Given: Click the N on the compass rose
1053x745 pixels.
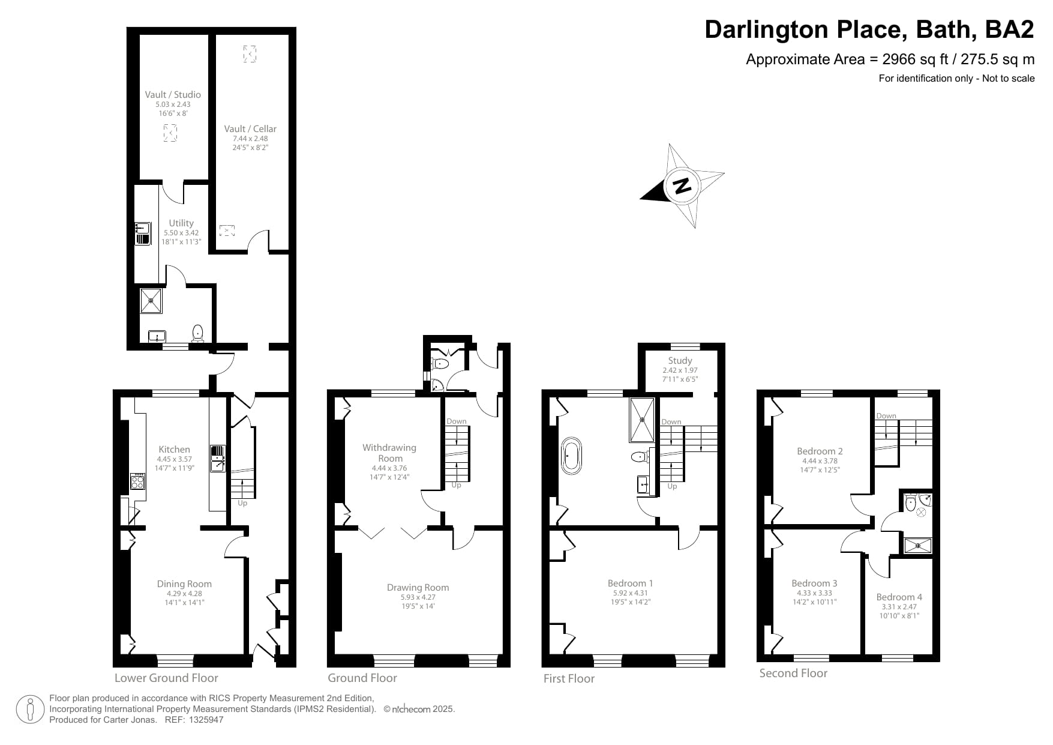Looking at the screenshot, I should [682, 186].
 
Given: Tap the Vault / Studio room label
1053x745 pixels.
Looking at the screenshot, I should [173, 94].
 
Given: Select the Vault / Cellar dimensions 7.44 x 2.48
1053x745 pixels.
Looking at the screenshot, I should [250, 139].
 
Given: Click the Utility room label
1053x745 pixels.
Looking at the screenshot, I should [181, 223].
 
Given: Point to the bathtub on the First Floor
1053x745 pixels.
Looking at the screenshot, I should [571, 456].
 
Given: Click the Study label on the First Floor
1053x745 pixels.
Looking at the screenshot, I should [680, 360].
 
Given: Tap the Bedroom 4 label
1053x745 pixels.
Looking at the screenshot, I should [899, 597].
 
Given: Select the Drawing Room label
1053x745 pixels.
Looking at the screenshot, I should [418, 587].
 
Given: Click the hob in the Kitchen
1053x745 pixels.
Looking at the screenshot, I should [138, 481].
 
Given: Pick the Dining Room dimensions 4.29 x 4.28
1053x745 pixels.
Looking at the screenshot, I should [184, 594].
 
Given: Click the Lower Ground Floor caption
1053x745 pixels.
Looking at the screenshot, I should [166, 678].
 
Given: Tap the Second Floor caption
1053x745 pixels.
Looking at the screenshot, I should [793, 673].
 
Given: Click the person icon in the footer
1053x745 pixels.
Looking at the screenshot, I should [29, 710].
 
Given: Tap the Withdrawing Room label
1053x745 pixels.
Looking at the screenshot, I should [389, 453].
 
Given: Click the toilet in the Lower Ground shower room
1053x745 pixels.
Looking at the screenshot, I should [198, 332].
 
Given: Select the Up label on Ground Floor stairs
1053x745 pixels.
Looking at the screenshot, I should [456, 485].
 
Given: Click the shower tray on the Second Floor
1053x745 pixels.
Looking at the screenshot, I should [918, 545].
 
